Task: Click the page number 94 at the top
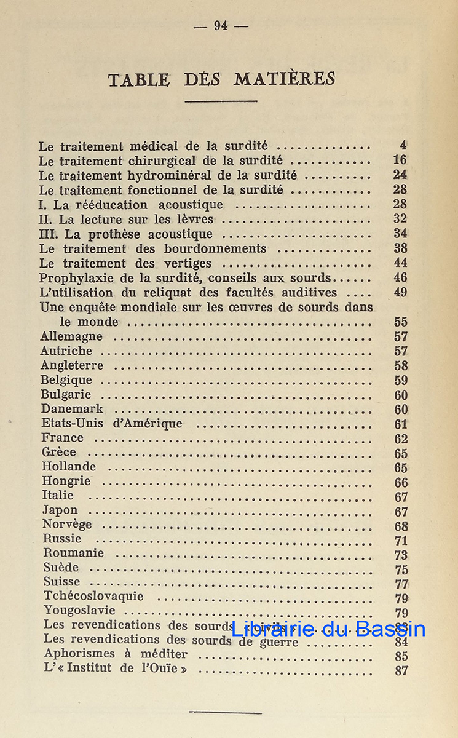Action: [x=221, y=25]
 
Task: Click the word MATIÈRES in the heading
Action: [x=284, y=79]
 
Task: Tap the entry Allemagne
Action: [x=71, y=336]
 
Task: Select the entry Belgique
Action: [x=66, y=380]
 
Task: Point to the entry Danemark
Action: [x=72, y=409]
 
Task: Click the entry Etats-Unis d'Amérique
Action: [x=112, y=424]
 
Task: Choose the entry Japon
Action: [x=60, y=510]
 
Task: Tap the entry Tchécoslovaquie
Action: [x=93, y=596]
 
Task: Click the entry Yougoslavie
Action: [x=79, y=611]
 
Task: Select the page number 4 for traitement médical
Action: [x=403, y=146]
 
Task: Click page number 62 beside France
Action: [x=401, y=439]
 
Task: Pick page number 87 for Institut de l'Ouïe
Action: [x=401, y=670]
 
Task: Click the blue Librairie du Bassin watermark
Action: [x=328, y=629]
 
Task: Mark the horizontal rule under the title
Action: [x=221, y=101]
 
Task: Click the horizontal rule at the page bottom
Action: [x=225, y=713]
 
